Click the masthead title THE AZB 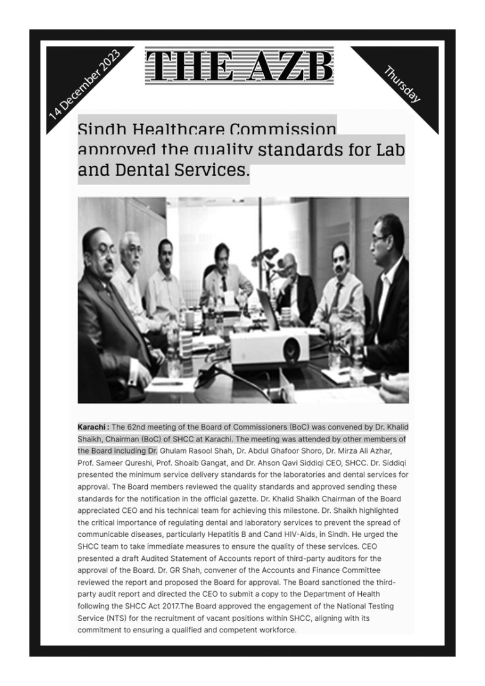point(239,66)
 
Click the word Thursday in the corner point(402,84)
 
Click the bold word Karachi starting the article point(92,427)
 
